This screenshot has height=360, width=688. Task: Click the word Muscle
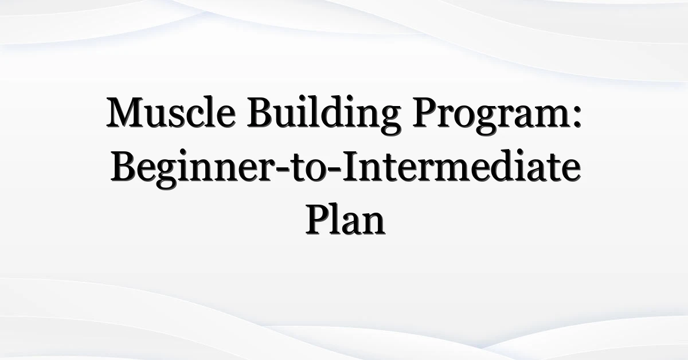171,112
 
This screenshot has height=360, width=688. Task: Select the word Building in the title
324,115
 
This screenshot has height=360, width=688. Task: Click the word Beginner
193,169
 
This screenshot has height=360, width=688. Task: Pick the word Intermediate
462,166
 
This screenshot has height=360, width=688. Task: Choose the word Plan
345,219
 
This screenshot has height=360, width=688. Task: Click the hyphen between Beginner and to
282,170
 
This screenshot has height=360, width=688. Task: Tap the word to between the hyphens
308,169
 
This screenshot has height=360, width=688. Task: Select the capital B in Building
260,112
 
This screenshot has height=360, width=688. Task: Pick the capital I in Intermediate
350,166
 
